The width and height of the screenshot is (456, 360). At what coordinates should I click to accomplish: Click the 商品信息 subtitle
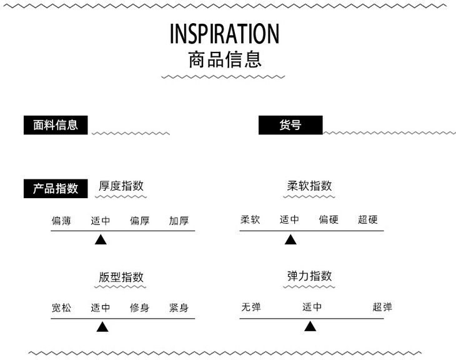[x=224, y=60]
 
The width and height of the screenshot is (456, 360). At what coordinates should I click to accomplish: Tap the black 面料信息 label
[x=56, y=125]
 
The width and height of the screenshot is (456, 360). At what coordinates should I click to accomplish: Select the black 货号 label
[x=290, y=125]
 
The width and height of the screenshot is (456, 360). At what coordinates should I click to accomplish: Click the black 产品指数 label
[x=56, y=188]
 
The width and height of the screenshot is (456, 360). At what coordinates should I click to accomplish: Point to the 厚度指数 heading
[x=121, y=186]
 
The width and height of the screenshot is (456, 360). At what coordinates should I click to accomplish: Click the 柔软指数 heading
[x=309, y=186]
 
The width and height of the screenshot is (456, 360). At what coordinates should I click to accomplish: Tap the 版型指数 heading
[x=121, y=277]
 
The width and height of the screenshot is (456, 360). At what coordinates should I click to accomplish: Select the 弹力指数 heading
[x=309, y=276]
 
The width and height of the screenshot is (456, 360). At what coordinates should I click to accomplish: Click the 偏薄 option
[x=61, y=221]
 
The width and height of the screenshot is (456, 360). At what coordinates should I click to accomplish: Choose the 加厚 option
[x=179, y=221]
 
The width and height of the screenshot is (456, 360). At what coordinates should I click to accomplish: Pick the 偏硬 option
[x=329, y=220]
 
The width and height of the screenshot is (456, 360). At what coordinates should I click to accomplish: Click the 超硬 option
[x=368, y=220]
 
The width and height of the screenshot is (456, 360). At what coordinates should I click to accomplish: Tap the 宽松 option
[x=61, y=308]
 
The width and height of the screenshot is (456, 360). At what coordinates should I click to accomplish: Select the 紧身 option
[x=179, y=308]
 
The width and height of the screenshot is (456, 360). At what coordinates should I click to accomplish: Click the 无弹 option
[x=251, y=307]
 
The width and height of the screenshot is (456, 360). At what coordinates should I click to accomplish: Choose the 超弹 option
[x=382, y=307]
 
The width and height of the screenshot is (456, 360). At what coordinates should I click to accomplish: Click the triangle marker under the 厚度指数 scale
[x=101, y=239]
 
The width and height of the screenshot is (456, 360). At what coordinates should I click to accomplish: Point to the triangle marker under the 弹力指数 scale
[x=310, y=326]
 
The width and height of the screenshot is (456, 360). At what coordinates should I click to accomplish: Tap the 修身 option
[x=139, y=308]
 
